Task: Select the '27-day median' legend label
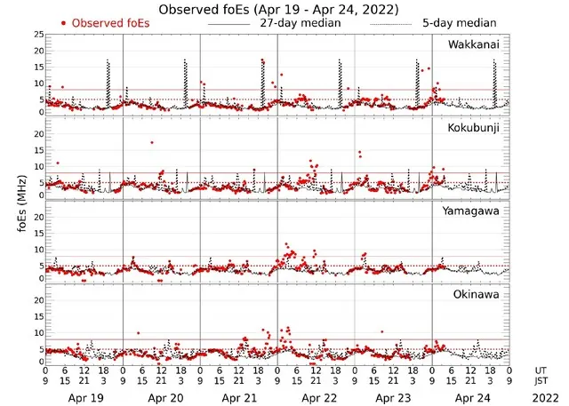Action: coord(299,22)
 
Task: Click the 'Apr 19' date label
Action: coord(84,398)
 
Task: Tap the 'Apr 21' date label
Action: coord(239,398)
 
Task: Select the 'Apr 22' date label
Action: coord(317,398)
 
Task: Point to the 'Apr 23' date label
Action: coord(394,398)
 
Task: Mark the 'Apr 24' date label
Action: coord(471,398)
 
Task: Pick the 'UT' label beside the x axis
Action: coord(541,370)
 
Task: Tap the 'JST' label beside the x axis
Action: coord(541,382)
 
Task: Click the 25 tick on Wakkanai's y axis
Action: coord(38,34)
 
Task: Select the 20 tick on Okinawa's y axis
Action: coord(38,300)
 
